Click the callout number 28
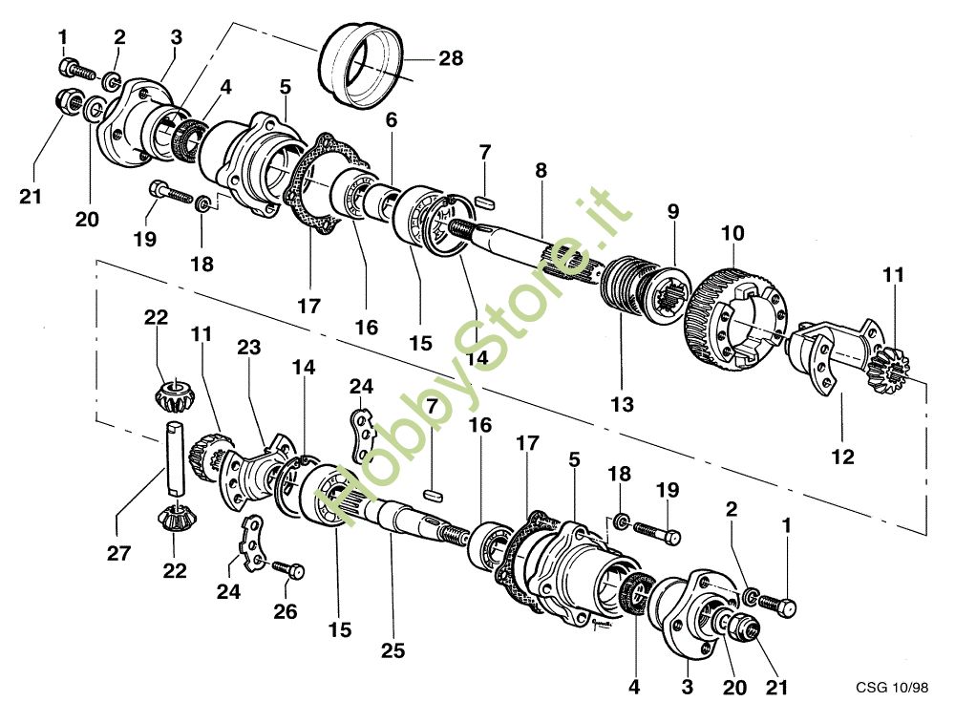click(x=451, y=58)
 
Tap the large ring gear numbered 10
click(x=732, y=320)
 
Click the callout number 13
click(x=623, y=404)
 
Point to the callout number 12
click(x=843, y=457)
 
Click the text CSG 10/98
click(x=892, y=687)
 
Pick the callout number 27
click(x=118, y=553)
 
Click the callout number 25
click(x=393, y=650)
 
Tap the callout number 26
click(x=285, y=611)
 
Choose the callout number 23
click(x=248, y=348)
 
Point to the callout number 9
click(x=672, y=211)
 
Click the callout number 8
click(x=541, y=171)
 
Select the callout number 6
click(x=391, y=120)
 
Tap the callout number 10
click(x=732, y=233)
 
